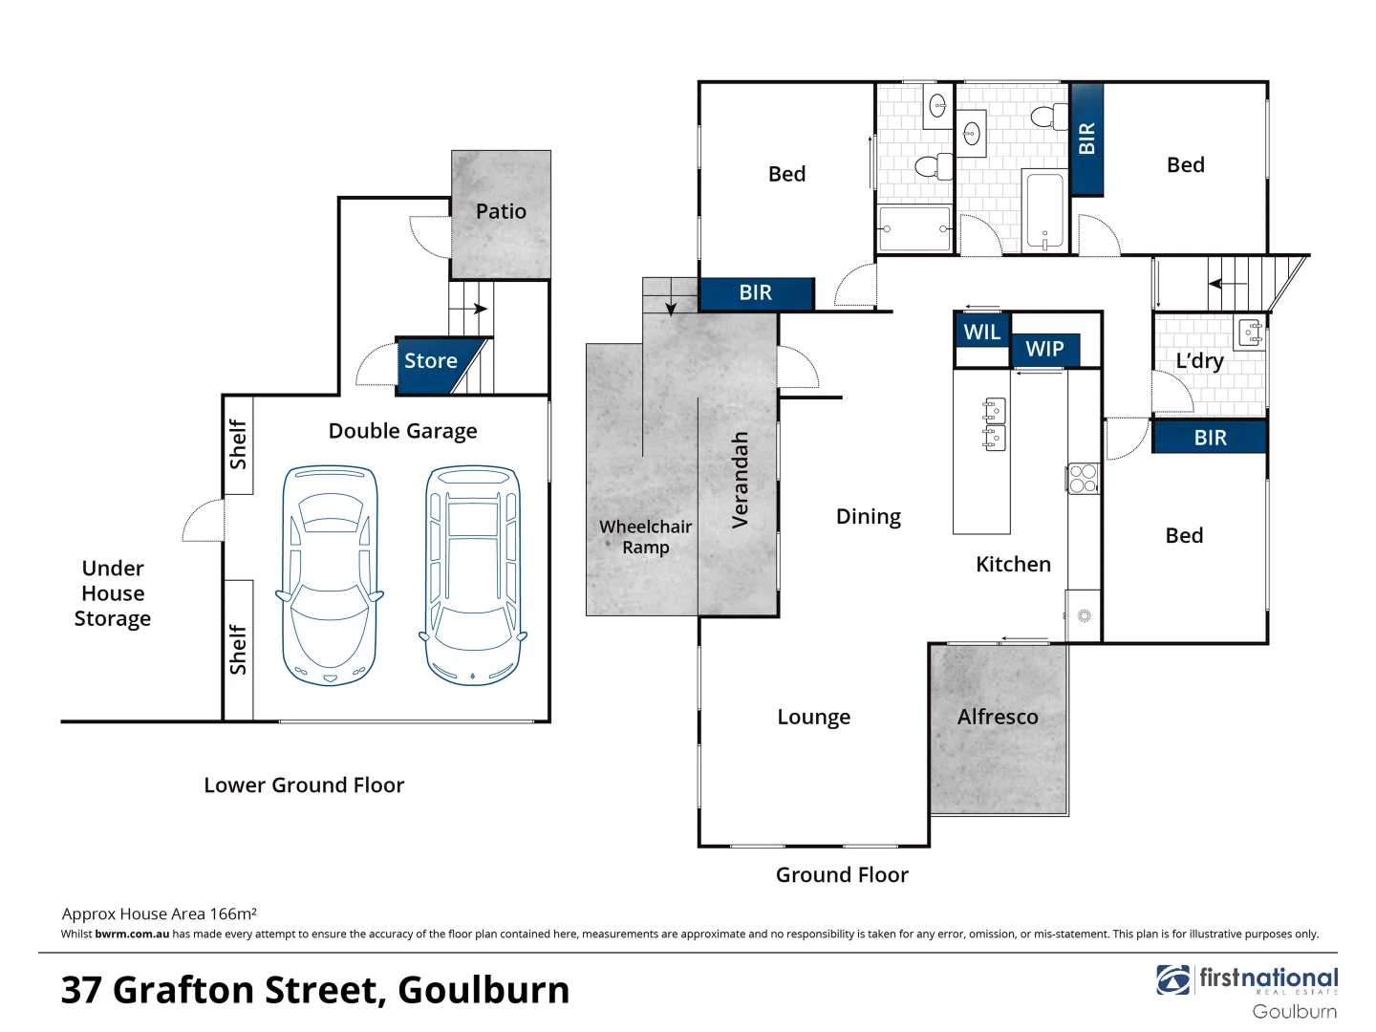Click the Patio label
pyautogui.click(x=501, y=211)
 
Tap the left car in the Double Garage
pyautogui.click(x=330, y=575)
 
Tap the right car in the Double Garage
pyautogui.click(x=473, y=575)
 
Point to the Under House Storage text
pyautogui.click(x=113, y=593)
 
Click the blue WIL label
pyautogui.click(x=981, y=333)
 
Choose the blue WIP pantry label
pyautogui.click(x=1044, y=350)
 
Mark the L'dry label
pyautogui.click(x=1199, y=361)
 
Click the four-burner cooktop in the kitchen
pyautogui.click(x=1083, y=478)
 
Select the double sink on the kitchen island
pyautogui.click(x=995, y=424)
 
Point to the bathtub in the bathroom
pyautogui.click(x=1043, y=210)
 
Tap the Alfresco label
pyautogui.click(x=998, y=717)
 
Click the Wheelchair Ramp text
pyautogui.click(x=646, y=537)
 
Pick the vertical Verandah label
pyautogui.click(x=740, y=480)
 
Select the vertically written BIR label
pyautogui.click(x=1086, y=139)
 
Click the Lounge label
pyautogui.click(x=813, y=717)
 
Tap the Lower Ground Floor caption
pyautogui.click(x=304, y=785)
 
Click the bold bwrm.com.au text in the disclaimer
pyautogui.click(x=132, y=935)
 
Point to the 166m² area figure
pyautogui.click(x=233, y=914)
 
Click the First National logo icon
pyautogui.click(x=1172, y=980)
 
